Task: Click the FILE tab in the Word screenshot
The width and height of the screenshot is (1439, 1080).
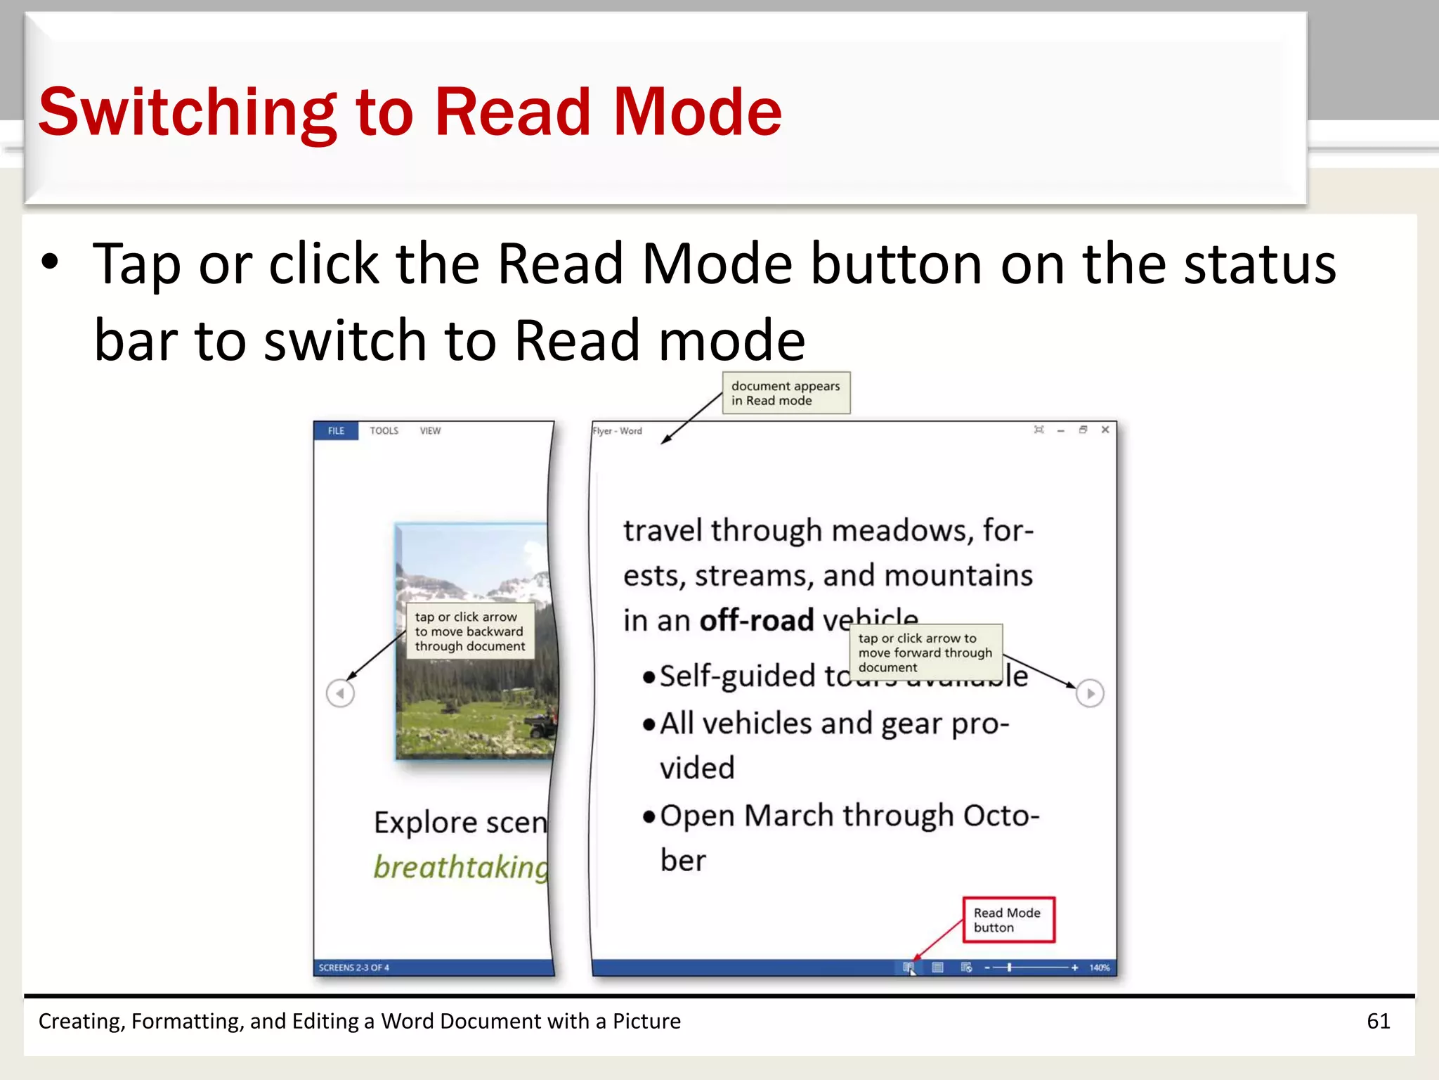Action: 336,430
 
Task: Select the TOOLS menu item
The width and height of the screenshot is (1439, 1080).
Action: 384,430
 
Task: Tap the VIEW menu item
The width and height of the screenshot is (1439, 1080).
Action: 430,430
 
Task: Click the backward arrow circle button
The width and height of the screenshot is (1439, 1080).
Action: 341,693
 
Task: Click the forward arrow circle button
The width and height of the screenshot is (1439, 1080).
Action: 1090,693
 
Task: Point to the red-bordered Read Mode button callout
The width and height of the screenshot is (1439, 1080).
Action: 1008,920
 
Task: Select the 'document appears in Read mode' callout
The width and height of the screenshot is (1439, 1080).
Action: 786,393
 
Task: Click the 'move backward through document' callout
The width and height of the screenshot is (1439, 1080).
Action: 469,631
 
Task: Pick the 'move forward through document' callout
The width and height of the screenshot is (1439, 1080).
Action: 925,652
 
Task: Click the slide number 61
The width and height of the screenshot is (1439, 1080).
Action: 1378,1021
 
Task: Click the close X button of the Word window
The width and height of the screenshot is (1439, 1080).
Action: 1105,430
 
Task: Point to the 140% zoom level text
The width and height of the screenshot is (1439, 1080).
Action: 1100,967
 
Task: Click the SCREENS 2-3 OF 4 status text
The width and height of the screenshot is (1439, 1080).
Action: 354,967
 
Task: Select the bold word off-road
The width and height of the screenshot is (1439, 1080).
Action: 757,620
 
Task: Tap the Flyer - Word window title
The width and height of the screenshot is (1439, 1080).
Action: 618,431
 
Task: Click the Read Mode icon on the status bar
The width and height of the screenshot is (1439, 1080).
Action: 908,967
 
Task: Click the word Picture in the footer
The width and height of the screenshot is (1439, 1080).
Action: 646,1021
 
